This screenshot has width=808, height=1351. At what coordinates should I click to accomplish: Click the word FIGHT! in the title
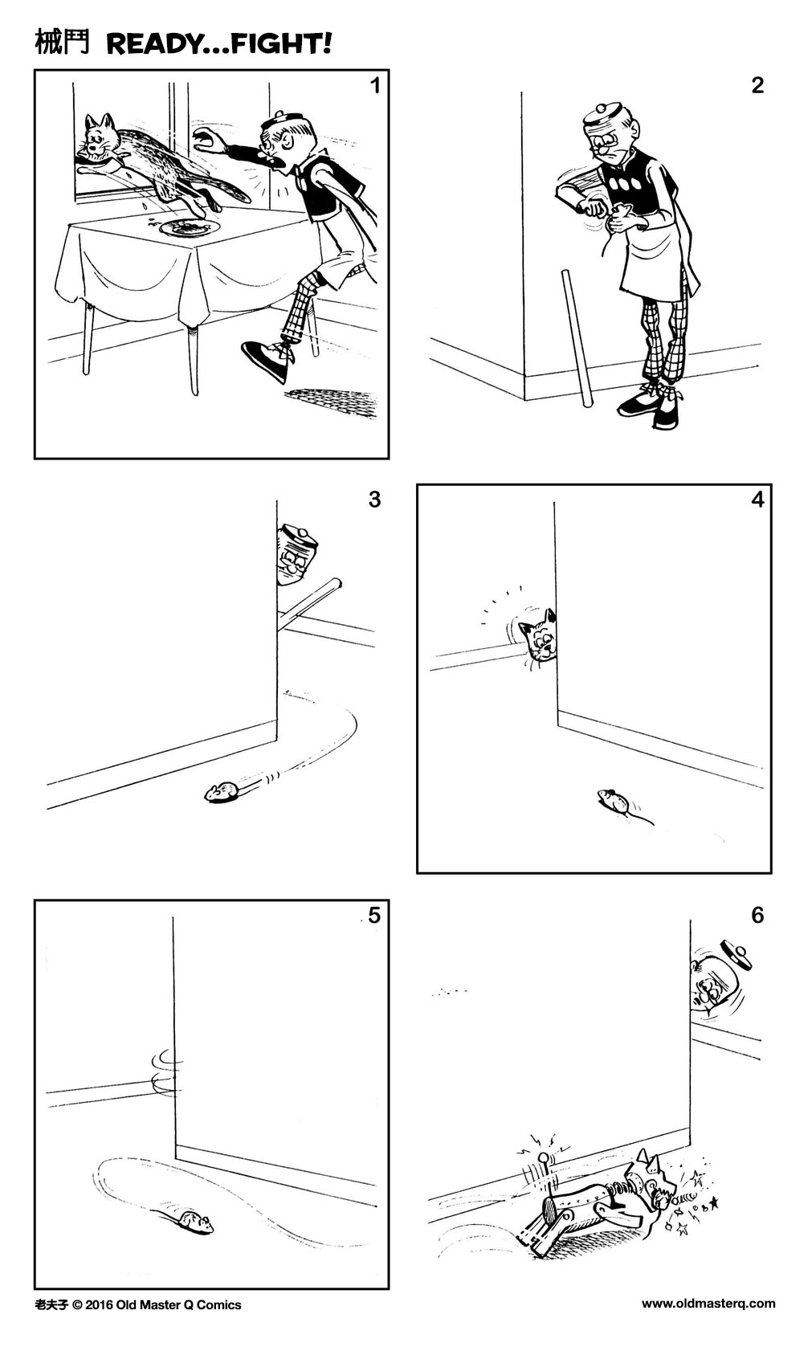click(281, 44)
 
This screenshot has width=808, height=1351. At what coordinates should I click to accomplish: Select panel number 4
click(757, 500)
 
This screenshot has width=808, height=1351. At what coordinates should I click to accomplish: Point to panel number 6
click(757, 915)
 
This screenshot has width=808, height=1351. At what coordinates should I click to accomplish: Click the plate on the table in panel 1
click(190, 228)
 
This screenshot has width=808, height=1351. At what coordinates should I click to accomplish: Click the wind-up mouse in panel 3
click(220, 793)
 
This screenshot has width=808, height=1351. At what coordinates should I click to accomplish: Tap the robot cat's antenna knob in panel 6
click(544, 1158)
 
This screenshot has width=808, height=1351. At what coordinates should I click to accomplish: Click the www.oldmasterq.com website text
click(708, 1304)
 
